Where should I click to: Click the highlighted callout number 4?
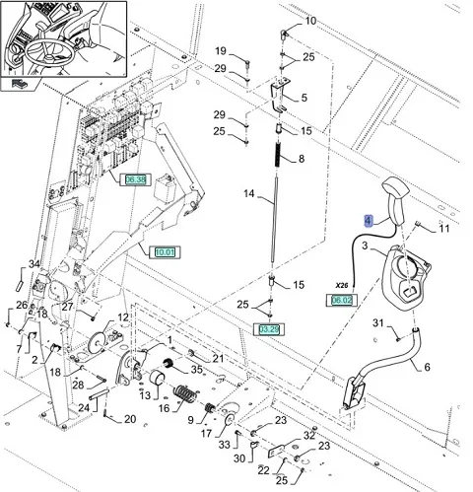click(369, 221)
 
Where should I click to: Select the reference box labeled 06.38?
click(135, 179)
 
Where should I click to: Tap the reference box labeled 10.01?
click(165, 252)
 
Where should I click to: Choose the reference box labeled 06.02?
click(342, 300)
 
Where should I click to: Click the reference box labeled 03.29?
click(269, 329)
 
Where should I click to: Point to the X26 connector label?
click(342, 286)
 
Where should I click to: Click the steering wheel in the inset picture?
click(49, 52)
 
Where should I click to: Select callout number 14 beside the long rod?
click(249, 193)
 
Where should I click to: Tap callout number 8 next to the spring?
click(302, 159)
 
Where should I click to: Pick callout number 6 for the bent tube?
click(427, 367)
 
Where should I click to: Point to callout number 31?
click(377, 323)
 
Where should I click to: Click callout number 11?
click(444, 228)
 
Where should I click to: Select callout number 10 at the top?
click(310, 21)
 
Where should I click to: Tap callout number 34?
click(34, 264)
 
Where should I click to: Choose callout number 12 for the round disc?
click(123, 317)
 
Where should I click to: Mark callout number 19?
click(221, 51)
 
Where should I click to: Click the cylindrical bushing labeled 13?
click(157, 377)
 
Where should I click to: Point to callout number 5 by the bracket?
click(304, 98)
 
